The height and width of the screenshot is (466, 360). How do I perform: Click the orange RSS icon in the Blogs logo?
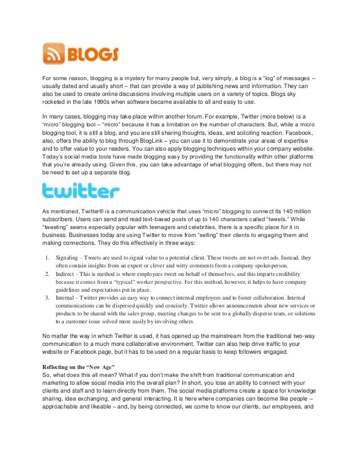pos(54,55)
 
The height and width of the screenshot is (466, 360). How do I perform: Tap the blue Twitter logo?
pos(81,191)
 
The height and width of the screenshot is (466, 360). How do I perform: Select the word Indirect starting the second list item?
pos(67,273)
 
